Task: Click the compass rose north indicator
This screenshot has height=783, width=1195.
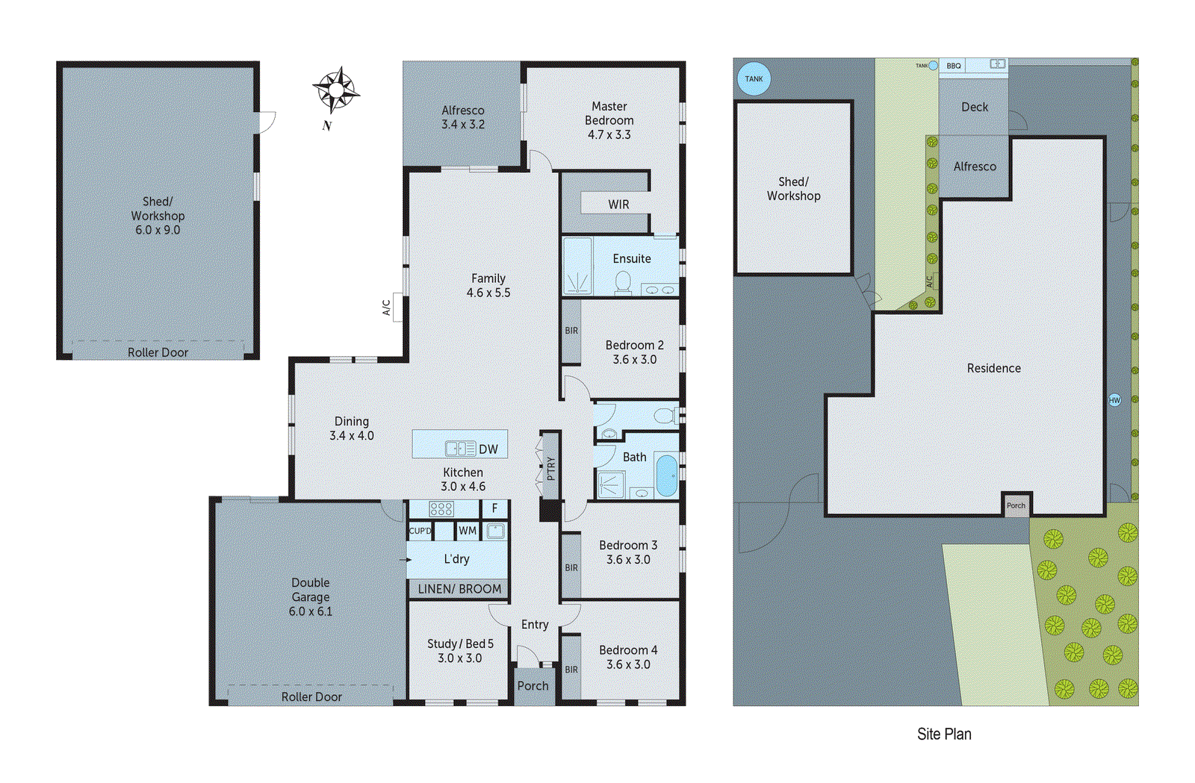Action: [x=336, y=91]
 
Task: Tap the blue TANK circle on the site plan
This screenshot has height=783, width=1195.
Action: [x=754, y=78]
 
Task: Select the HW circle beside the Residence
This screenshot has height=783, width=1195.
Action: [x=1114, y=400]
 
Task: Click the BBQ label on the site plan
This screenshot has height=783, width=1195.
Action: [x=954, y=66]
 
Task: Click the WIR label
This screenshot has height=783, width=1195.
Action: [x=618, y=205]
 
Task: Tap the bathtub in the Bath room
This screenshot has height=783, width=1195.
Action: [x=666, y=475]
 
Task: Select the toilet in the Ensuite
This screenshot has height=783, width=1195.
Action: [x=623, y=281]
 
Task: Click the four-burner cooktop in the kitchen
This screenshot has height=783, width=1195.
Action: [x=441, y=509]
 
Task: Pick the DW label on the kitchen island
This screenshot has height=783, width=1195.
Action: [x=488, y=449]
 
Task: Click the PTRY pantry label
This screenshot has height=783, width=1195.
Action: [x=551, y=468]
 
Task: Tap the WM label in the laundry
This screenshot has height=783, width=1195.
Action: [x=468, y=531]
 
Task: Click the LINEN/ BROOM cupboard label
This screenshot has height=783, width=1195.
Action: [x=459, y=589]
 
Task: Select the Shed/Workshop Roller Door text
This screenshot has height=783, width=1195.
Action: [x=158, y=352]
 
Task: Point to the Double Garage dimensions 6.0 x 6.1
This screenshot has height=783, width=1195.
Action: [x=311, y=611]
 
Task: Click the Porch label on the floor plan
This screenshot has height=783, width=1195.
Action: [x=533, y=686]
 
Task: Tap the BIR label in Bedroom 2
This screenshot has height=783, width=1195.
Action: [x=571, y=331]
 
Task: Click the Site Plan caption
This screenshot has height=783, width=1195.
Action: [x=944, y=734]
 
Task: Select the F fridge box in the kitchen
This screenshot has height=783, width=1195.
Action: [x=494, y=508]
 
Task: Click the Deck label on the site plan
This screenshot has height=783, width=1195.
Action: [x=975, y=107]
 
